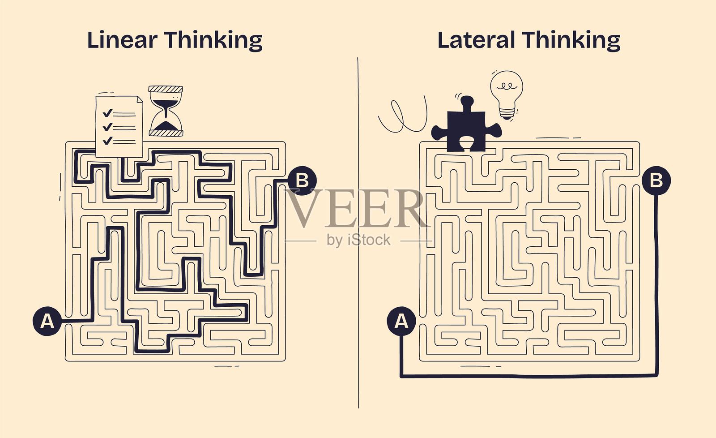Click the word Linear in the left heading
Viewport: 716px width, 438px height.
[122, 40]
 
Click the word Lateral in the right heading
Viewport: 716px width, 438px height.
[476, 40]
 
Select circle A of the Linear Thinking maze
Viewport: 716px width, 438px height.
[47, 321]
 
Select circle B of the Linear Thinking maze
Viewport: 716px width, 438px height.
[303, 181]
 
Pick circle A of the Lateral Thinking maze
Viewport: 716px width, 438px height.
[401, 321]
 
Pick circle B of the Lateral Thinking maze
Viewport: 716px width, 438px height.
[656, 181]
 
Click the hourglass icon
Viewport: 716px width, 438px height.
[166, 111]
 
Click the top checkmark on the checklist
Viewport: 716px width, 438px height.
[107, 113]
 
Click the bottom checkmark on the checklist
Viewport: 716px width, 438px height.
[107, 141]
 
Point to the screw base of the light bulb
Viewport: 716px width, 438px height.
[506, 114]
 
